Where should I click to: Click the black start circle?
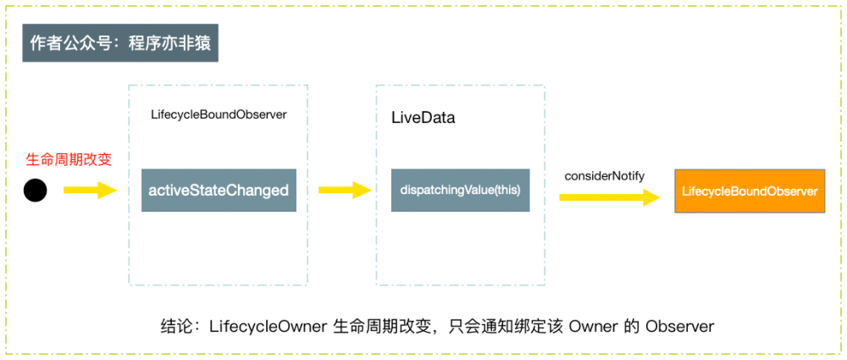coord(35,191)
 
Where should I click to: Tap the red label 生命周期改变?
coord(69,158)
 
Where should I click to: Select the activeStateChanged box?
coord(219,191)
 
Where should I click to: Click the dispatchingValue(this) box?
coord(460,191)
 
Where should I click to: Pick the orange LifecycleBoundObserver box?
coord(750,191)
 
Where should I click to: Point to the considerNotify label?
coord(605,175)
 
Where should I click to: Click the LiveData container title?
coord(423,118)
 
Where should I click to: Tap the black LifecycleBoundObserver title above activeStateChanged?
coord(219,114)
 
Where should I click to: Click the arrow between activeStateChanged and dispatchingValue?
coord(344,191)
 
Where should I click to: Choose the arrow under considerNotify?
coord(608,198)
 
